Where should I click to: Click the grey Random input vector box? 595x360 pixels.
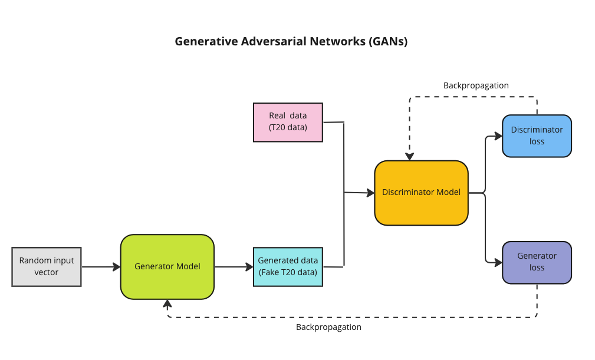coord(47,267)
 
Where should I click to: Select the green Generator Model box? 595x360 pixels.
coord(167,267)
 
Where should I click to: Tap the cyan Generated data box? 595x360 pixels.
coord(288,267)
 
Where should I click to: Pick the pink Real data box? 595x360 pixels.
coord(288,122)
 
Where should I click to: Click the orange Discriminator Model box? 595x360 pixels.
coord(421,193)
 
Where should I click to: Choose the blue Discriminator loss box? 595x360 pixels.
coord(537,136)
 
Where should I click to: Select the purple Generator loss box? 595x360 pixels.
coord(537,262)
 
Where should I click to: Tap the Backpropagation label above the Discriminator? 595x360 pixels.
coord(476,85)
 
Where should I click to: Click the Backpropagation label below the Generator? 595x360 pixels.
coord(328,327)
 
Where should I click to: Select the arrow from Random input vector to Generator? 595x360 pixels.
coord(100,267)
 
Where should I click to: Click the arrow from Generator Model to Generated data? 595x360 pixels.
coord(234,267)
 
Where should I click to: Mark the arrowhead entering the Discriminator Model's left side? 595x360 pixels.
coord(370,193)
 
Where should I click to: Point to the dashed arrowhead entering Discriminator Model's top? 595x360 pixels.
coord(409,156)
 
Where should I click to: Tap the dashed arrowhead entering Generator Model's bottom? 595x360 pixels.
coord(167,304)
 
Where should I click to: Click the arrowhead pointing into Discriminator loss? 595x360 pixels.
coord(498,137)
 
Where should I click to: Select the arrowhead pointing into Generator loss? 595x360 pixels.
coord(498,261)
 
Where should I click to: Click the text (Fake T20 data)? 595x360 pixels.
coord(288,273)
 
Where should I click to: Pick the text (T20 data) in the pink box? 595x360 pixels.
coord(288,127)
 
